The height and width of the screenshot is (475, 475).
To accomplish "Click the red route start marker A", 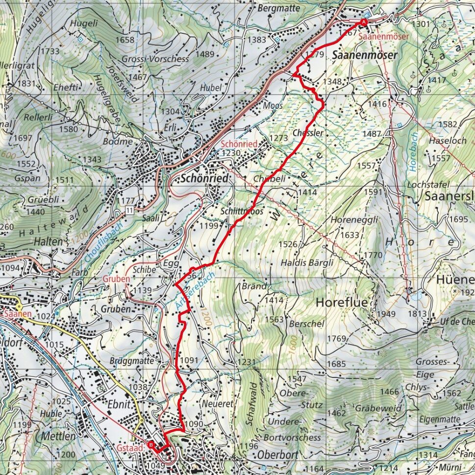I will (364, 22).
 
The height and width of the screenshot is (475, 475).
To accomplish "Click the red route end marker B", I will (151, 445).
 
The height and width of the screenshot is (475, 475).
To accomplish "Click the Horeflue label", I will (341, 302).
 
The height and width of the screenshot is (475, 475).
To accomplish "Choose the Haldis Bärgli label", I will (307, 262).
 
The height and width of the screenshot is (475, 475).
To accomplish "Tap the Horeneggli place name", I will (354, 220).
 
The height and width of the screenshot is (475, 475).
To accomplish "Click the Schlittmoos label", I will (242, 211).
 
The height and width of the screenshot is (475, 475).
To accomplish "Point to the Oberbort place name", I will (275, 452).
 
